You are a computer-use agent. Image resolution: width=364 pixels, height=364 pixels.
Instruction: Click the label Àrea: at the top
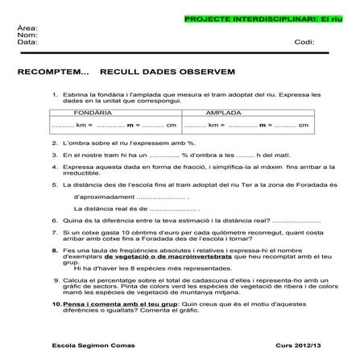(27, 28)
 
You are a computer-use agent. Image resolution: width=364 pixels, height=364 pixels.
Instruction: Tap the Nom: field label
(27, 35)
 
